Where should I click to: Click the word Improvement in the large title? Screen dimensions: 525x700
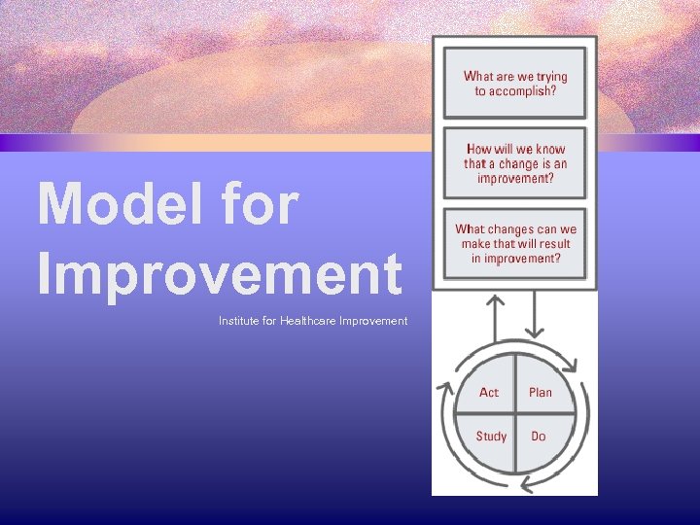click(220, 273)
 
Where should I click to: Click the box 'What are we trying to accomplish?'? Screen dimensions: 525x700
click(515, 84)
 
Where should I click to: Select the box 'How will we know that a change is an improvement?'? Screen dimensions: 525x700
click(515, 163)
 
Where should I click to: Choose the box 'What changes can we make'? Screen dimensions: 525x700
click(515, 244)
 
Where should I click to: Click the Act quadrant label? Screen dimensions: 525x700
click(489, 393)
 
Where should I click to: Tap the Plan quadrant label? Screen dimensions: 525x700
click(540, 393)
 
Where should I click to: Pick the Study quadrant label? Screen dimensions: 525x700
click(491, 437)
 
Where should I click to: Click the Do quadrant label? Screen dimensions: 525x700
click(539, 437)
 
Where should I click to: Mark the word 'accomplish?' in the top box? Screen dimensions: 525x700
click(515, 91)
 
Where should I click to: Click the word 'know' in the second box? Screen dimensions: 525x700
click(549, 150)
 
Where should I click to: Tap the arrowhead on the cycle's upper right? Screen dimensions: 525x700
click(570, 367)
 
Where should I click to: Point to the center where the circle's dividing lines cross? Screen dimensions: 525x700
click(514, 415)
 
